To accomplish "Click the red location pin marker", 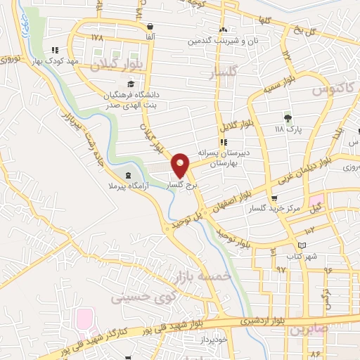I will click(x=181, y=165).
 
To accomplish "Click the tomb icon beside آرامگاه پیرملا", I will click(x=127, y=176).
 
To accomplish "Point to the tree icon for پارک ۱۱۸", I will click(x=287, y=117).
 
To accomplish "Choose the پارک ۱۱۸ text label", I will click(x=287, y=129).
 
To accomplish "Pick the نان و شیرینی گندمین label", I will click(x=215, y=41).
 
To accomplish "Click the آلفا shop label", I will click(x=150, y=35).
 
